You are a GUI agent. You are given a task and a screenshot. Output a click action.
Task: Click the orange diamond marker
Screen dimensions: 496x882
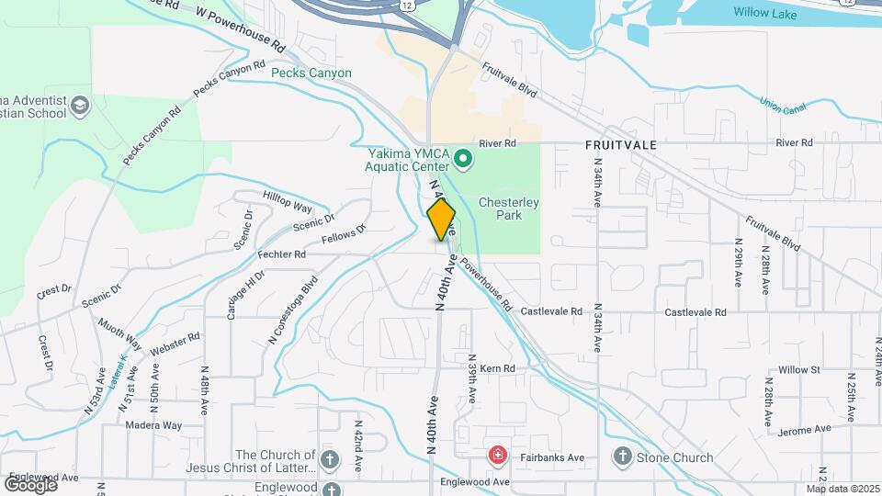(x=442, y=220)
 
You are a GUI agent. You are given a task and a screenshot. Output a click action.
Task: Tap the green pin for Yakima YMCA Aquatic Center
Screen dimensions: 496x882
(x=464, y=161)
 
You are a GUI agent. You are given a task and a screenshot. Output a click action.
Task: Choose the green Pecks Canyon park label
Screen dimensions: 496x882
(x=311, y=73)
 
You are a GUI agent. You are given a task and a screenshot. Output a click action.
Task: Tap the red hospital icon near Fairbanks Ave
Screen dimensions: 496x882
(x=497, y=456)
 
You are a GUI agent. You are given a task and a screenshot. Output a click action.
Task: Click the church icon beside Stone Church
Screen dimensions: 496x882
(x=622, y=457)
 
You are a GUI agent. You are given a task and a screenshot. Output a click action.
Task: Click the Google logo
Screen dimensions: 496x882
(x=30, y=484)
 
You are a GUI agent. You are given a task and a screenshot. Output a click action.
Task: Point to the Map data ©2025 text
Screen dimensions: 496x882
(x=843, y=489)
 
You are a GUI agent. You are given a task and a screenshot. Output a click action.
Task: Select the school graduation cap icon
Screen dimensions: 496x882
(x=79, y=106)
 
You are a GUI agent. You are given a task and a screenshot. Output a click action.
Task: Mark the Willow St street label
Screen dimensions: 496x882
(x=798, y=369)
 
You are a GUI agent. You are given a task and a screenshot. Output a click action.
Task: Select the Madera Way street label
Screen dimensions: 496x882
(x=155, y=425)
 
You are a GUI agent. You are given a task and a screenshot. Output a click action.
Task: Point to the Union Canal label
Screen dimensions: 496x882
(x=783, y=106)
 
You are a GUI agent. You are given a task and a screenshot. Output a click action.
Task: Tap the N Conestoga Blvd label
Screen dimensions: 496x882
(x=292, y=310)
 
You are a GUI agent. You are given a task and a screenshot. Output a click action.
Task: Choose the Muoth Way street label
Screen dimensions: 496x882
(x=120, y=335)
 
